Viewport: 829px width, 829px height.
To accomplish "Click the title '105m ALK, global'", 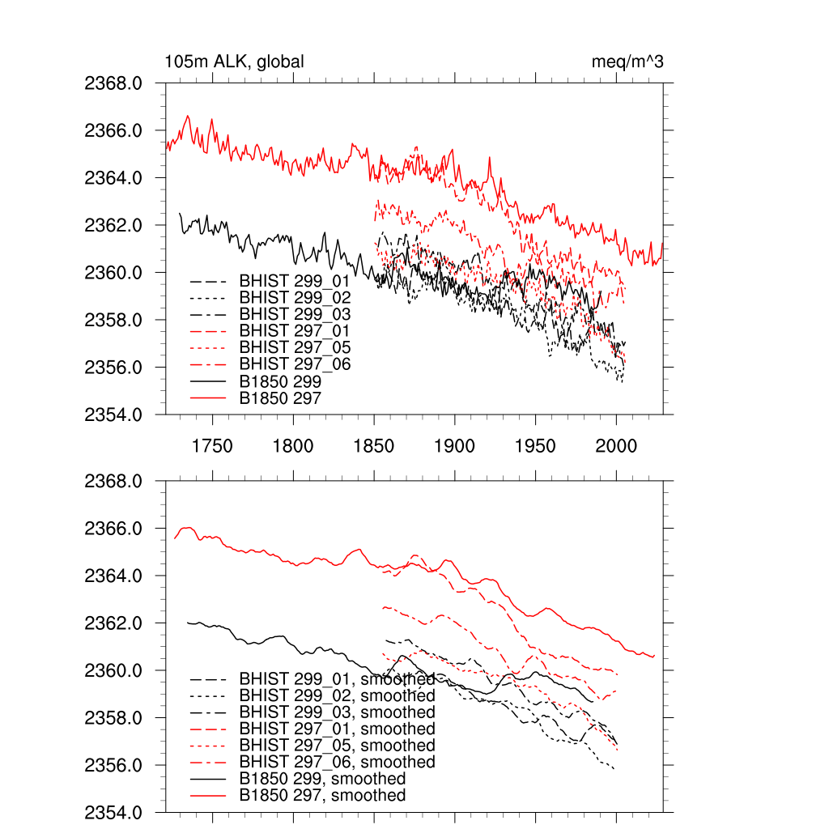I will pyautogui.click(x=235, y=62).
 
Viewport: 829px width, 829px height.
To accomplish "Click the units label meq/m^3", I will pyautogui.click(x=628, y=62).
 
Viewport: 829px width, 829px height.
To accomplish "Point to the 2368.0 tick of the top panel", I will pyautogui.click(x=120, y=83).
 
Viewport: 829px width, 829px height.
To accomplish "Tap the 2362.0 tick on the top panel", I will pyautogui.click(x=120, y=225).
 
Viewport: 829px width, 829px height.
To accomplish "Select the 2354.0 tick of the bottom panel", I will pyautogui.click(x=120, y=812).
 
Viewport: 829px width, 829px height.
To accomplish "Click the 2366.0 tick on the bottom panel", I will pyautogui.click(x=120, y=529).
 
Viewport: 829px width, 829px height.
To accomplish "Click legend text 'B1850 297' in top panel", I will pyautogui.click(x=280, y=397).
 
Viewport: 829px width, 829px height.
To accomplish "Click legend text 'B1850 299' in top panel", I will pyautogui.click(x=280, y=381).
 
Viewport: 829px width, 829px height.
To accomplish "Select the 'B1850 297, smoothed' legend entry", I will pyautogui.click(x=322, y=796).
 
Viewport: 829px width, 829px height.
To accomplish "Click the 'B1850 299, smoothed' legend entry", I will pyautogui.click(x=322, y=779).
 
